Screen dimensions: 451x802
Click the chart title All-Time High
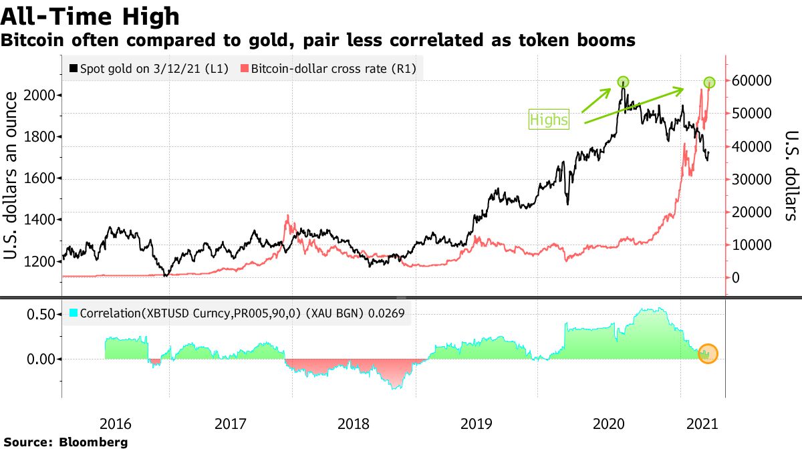[90, 16]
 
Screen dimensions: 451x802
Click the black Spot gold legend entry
[150, 69]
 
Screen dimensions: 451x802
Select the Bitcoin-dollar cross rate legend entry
[329, 69]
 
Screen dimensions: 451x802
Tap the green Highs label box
[549, 120]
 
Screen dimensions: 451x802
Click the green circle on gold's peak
[623, 82]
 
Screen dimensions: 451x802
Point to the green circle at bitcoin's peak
[710, 82]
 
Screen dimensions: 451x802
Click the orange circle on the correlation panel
[708, 354]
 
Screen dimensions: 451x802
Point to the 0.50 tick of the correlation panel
[40, 314]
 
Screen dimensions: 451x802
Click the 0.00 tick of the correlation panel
[40, 359]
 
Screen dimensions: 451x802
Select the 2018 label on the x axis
[354, 423]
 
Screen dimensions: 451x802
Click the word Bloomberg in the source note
[94, 442]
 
